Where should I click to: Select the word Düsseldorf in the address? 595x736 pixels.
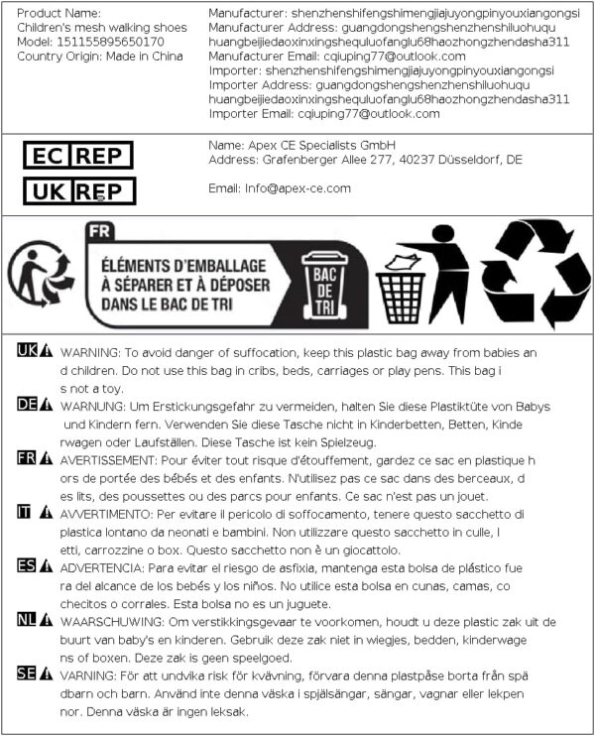tap(463, 160)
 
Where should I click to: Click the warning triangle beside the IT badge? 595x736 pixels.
tap(46, 513)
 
